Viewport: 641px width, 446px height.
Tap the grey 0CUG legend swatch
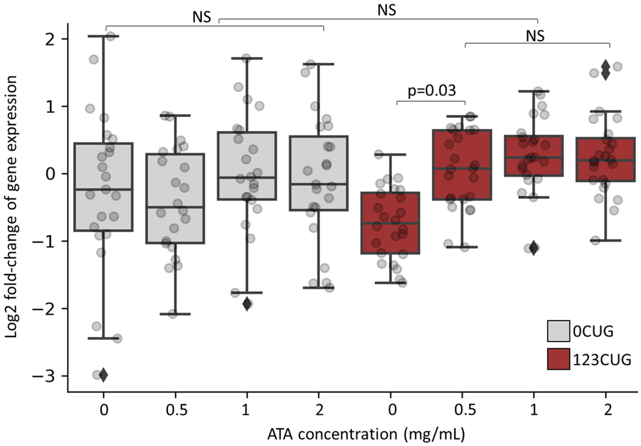pos(558,331)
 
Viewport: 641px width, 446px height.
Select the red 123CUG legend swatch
pos(558,359)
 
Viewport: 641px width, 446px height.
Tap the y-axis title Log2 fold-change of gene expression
pos(12,206)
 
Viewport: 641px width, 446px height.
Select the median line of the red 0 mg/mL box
pos(390,223)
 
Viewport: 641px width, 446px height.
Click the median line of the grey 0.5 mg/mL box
pos(175,207)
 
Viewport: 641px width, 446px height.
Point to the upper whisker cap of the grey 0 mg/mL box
pos(103,36)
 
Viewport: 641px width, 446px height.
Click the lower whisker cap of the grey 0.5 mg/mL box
pos(175,314)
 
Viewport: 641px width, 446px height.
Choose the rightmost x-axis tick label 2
pos(608,410)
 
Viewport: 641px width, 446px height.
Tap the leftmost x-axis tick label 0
pos(104,410)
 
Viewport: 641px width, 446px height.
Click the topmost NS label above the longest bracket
pos(386,11)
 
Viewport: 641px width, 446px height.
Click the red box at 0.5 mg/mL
pos(462,165)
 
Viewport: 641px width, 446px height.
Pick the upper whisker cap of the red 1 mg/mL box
pos(534,91)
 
